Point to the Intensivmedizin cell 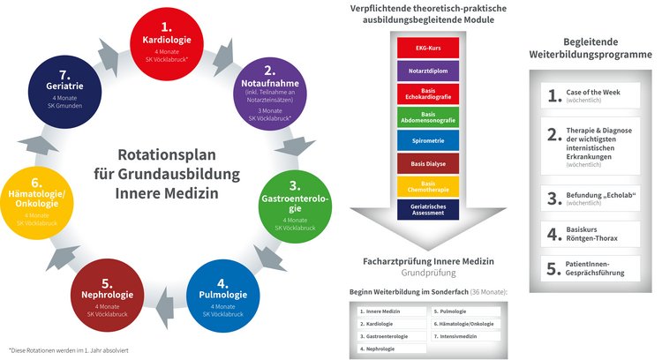pyautogui.click(x=467, y=336)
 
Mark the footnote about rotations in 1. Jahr pyautogui.click(x=70, y=350)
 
